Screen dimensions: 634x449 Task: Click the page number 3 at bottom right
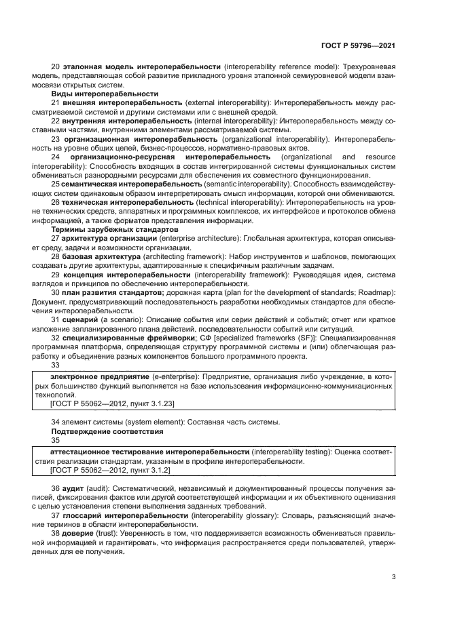393,577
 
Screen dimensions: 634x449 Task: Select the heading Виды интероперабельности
105,94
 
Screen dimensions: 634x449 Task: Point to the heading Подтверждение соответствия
107,431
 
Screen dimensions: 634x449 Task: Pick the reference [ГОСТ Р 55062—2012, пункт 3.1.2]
110,469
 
